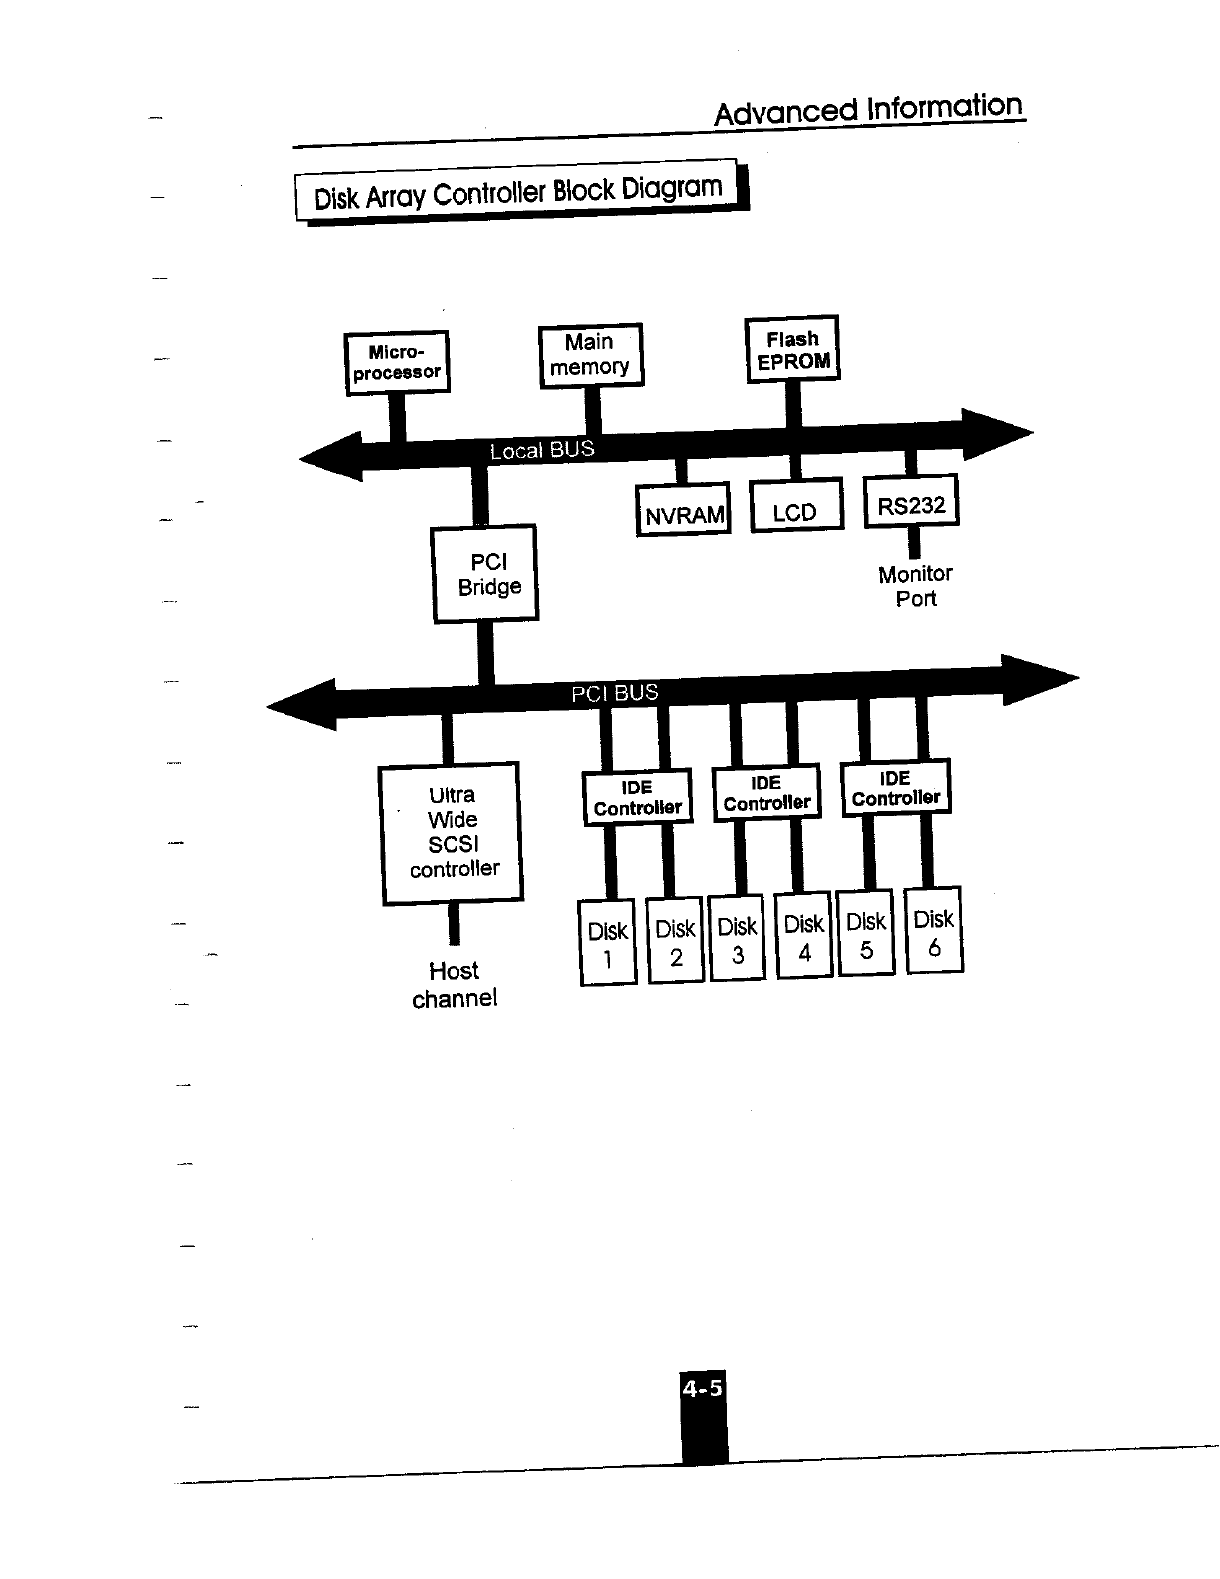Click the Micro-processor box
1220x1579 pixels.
(x=396, y=363)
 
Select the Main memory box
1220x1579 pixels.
(x=590, y=355)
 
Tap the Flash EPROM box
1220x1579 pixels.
(x=793, y=350)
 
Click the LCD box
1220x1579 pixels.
(x=795, y=508)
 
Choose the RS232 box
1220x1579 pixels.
(x=911, y=503)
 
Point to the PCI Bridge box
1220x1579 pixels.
(x=485, y=575)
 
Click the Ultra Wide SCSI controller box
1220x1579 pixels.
(x=453, y=833)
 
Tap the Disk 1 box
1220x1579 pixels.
(x=607, y=944)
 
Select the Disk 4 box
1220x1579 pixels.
(x=804, y=937)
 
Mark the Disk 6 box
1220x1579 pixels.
(x=934, y=931)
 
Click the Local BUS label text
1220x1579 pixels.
(x=542, y=450)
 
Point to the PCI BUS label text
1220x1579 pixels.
(x=614, y=693)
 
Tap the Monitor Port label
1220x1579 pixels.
(x=915, y=586)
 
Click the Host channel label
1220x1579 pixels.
(x=455, y=985)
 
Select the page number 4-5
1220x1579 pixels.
(x=703, y=1388)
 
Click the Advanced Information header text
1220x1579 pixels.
(x=868, y=109)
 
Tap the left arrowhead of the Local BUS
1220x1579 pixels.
(x=331, y=458)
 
